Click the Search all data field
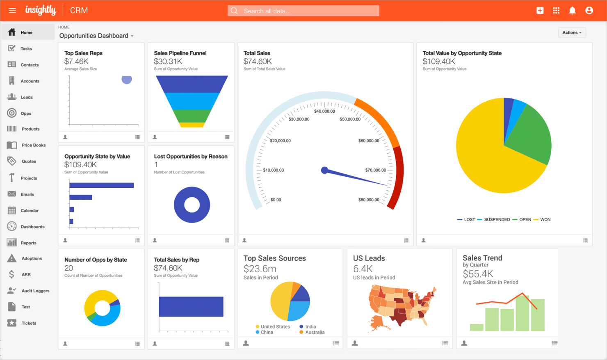[303, 11]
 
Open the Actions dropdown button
[572, 33]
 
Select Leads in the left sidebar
[27, 97]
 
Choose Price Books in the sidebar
[33, 145]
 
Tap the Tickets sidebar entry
[29, 323]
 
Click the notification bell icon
[572, 11]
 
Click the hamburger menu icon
[12, 11]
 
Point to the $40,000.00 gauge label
[324, 111]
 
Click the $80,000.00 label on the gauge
[369, 200]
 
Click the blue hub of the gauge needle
[324, 170]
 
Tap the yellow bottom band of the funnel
[192, 125]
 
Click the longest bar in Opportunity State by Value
[101, 185]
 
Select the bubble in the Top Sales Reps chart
[127, 80]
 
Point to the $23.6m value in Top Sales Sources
[260, 269]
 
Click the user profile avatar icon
[589, 11]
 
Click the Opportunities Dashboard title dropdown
[96, 36]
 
